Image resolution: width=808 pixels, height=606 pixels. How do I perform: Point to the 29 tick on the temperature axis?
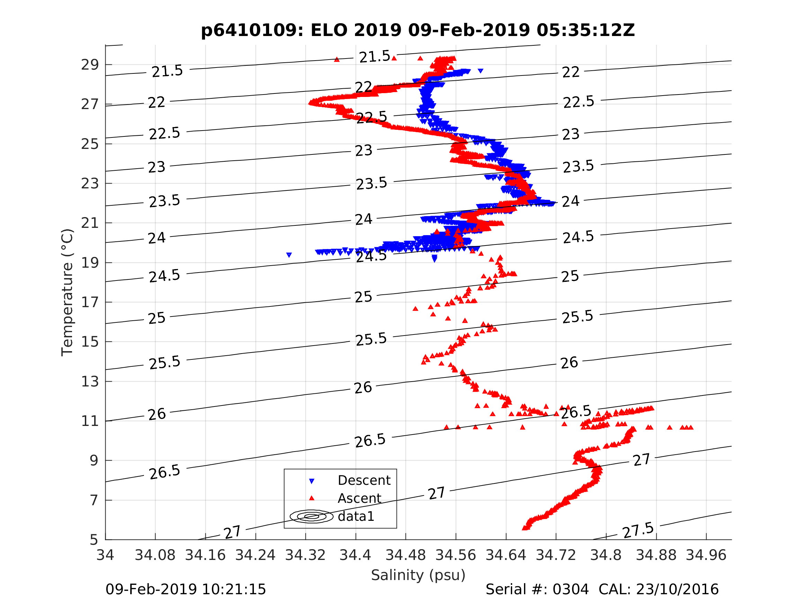pyautogui.click(x=90, y=65)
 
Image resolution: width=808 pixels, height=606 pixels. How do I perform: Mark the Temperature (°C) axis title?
pyautogui.click(x=68, y=292)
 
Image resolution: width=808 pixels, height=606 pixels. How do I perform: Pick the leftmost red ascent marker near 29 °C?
pyautogui.click(x=337, y=60)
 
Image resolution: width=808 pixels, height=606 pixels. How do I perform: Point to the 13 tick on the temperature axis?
pyautogui.click(x=90, y=382)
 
